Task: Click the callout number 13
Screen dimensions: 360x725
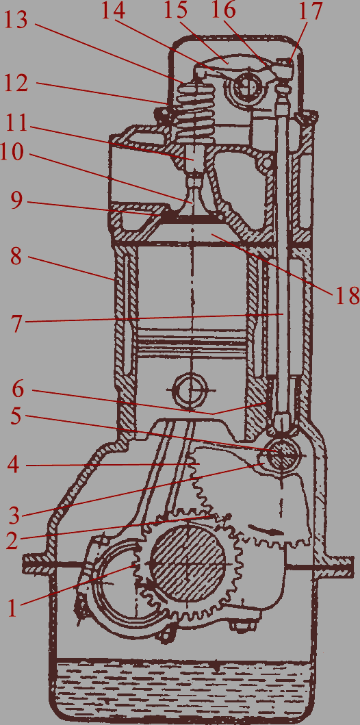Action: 16,21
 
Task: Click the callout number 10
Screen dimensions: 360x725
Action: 12,152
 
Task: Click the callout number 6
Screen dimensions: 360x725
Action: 18,390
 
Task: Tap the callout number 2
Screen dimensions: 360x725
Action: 14,541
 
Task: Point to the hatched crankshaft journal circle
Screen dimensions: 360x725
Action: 188,564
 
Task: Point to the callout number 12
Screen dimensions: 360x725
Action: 16,84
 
